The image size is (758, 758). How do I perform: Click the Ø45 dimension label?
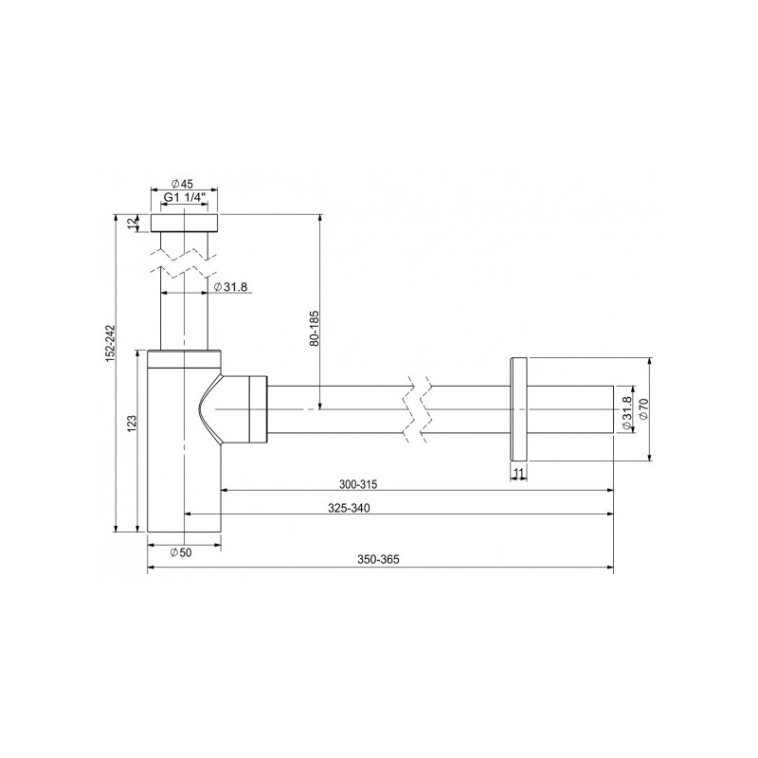(x=183, y=184)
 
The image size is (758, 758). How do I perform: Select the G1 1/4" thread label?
(x=183, y=197)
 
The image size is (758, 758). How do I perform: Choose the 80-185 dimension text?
(x=315, y=325)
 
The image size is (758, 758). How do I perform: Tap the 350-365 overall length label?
(x=379, y=560)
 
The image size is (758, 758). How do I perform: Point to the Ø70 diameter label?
(x=643, y=409)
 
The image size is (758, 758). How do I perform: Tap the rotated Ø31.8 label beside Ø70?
(x=626, y=412)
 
